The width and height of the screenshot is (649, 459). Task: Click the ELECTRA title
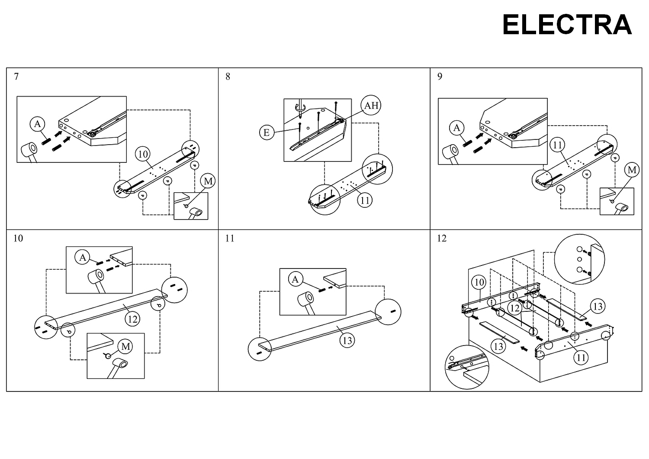pyautogui.click(x=567, y=25)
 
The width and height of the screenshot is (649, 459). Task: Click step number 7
pyautogui.click(x=16, y=76)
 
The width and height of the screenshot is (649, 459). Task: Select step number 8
pyautogui.click(x=228, y=76)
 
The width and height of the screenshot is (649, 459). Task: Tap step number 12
pyautogui.click(x=442, y=238)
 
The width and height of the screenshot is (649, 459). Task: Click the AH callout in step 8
pyautogui.click(x=371, y=105)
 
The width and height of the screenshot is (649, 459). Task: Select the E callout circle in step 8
pyautogui.click(x=267, y=132)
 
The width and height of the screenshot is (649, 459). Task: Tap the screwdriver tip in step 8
pyautogui.click(x=300, y=117)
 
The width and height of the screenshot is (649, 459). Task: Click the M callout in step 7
pyautogui.click(x=208, y=181)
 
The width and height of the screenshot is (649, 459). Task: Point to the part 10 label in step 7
pyautogui.click(x=143, y=154)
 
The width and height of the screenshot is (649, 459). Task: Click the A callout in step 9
pyautogui.click(x=456, y=128)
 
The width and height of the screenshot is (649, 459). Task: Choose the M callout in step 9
pyautogui.click(x=632, y=170)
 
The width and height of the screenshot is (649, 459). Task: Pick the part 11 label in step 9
pyautogui.click(x=557, y=145)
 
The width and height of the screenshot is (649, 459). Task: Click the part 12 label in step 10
pyautogui.click(x=132, y=319)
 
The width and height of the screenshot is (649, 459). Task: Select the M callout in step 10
pyautogui.click(x=125, y=346)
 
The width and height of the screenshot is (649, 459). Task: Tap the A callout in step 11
pyautogui.click(x=295, y=279)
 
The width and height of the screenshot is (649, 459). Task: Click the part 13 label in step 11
pyautogui.click(x=347, y=340)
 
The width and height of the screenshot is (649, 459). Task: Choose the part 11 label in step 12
pyautogui.click(x=581, y=358)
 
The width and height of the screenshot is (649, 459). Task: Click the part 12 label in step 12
pyautogui.click(x=515, y=308)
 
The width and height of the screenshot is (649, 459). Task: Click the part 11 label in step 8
pyautogui.click(x=365, y=200)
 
